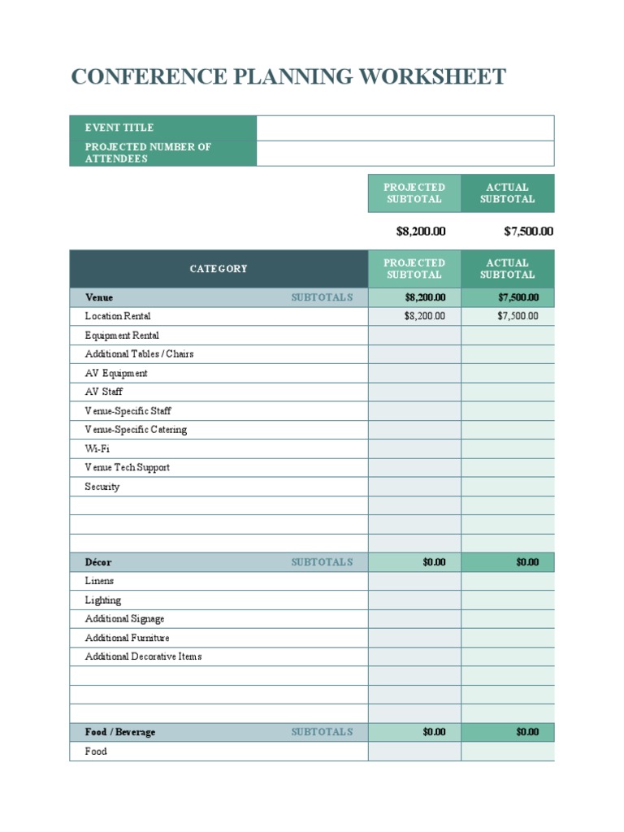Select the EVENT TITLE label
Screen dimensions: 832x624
pyautogui.click(x=119, y=128)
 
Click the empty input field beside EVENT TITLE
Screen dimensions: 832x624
pyautogui.click(x=405, y=128)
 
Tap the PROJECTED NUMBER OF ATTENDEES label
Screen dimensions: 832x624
pyautogui.click(x=148, y=153)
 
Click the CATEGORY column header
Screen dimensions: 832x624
pyautogui.click(x=219, y=269)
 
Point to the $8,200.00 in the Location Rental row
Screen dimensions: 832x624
pyautogui.click(x=424, y=316)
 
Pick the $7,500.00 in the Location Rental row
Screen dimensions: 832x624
pyautogui.click(x=518, y=316)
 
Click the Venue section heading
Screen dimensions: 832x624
pyautogui.click(x=99, y=297)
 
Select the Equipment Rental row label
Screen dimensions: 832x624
pyautogui.click(x=122, y=336)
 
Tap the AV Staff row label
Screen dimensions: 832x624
pyautogui.click(x=104, y=392)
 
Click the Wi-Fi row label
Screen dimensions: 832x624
pyautogui.click(x=97, y=448)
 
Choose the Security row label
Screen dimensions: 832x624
pyautogui.click(x=102, y=487)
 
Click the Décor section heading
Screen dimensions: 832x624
pyautogui.click(x=98, y=562)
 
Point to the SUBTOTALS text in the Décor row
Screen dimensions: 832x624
pyautogui.click(x=322, y=562)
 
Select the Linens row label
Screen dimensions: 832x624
pyautogui.click(x=99, y=581)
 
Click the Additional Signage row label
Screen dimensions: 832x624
pyautogui.click(x=124, y=619)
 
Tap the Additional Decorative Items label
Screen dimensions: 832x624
pyautogui.click(x=143, y=656)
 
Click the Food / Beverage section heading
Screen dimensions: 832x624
pyautogui.click(x=119, y=732)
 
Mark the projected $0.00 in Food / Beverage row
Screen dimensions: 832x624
pyautogui.click(x=434, y=732)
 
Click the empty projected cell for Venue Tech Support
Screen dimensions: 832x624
pyautogui.click(x=414, y=468)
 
